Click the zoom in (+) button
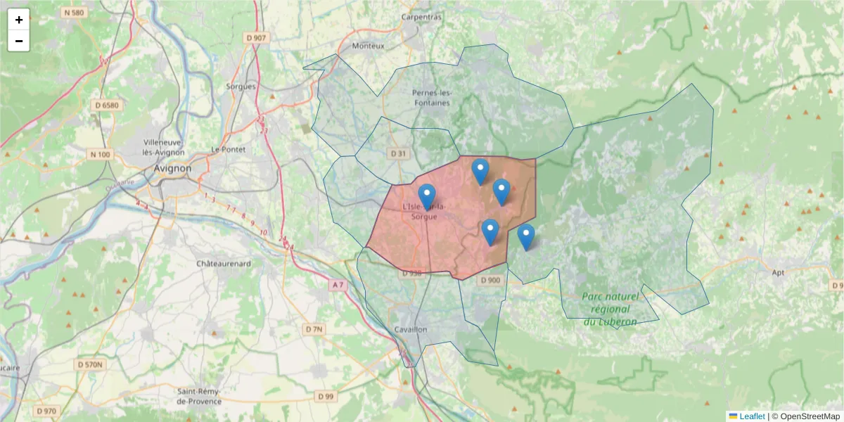point(19,20)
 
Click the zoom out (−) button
point(19,41)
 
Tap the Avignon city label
point(172,169)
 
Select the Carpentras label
point(421,17)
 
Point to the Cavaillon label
point(411,329)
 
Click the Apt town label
point(778,272)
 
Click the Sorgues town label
point(241,87)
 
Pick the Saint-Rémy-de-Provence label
point(199,396)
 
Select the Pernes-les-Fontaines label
point(431,98)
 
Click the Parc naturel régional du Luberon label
point(610,309)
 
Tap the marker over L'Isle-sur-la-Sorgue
point(427,197)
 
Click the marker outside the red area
point(526,237)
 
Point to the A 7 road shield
point(338,285)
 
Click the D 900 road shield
point(491,281)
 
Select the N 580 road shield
point(72,12)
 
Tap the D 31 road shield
point(398,153)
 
